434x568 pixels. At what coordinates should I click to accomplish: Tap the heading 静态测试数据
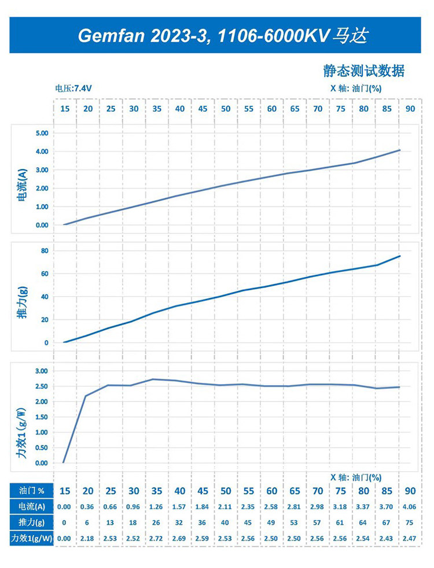(363, 71)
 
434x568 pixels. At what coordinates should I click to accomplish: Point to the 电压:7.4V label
(73, 88)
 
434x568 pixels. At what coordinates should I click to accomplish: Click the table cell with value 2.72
(157, 539)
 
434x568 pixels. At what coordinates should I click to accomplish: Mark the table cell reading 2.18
(88, 539)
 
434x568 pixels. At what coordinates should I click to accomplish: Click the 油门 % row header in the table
(31, 491)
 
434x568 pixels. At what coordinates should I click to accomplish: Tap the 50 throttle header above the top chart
(226, 109)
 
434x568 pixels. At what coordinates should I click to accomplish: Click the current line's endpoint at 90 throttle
(400, 150)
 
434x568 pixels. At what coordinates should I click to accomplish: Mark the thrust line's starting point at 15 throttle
(64, 342)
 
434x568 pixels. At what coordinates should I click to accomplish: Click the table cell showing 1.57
(180, 507)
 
